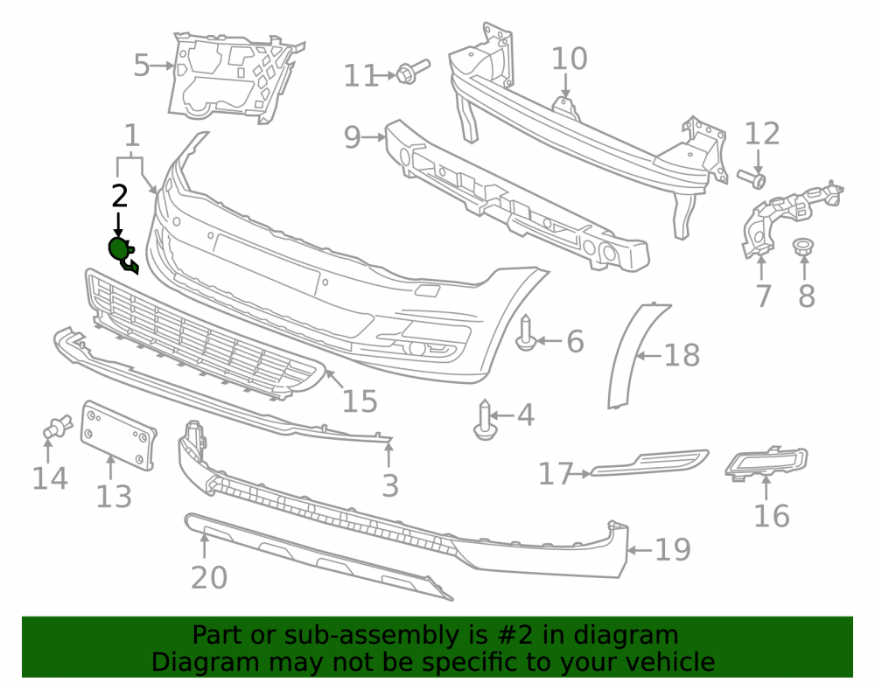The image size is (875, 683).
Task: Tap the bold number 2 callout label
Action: (x=120, y=196)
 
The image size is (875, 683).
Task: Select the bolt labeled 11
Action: (x=412, y=72)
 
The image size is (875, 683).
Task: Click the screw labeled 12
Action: (x=752, y=178)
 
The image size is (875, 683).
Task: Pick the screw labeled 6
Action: (x=526, y=333)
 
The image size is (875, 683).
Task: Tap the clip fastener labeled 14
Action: (x=57, y=428)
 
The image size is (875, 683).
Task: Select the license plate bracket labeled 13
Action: (x=118, y=436)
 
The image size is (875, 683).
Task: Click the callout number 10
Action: (x=570, y=59)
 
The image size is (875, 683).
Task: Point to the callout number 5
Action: (x=142, y=66)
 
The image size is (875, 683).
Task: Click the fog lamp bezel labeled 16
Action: (x=766, y=463)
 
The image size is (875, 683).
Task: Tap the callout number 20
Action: (x=209, y=578)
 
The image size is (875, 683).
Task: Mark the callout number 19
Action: (x=672, y=550)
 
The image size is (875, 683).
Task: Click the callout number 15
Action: (x=360, y=401)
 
